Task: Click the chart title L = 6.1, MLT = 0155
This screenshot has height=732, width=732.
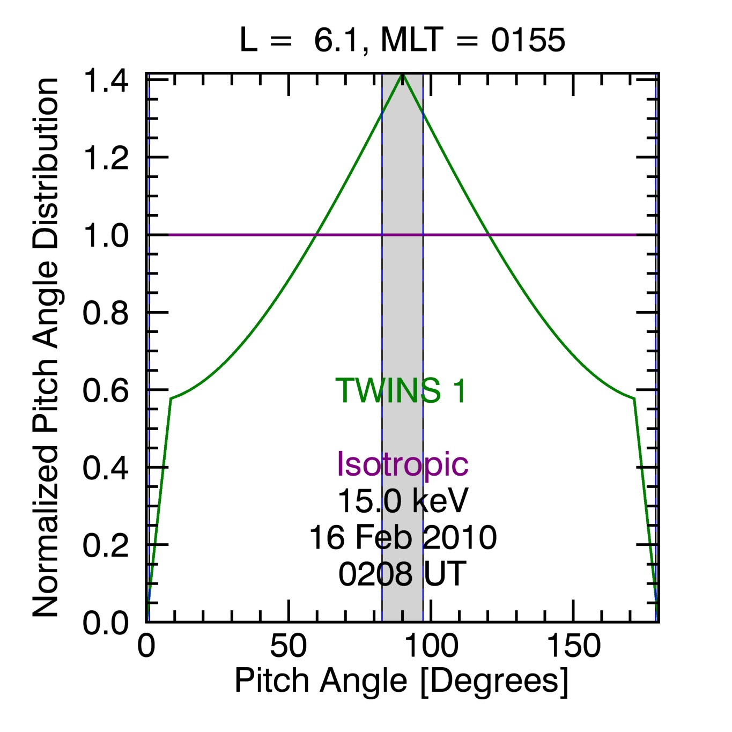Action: click(x=402, y=40)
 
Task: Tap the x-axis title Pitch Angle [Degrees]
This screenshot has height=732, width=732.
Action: click(x=401, y=681)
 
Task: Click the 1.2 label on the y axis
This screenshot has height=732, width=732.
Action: click(x=106, y=158)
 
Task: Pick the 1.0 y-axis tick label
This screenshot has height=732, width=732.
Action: click(x=106, y=236)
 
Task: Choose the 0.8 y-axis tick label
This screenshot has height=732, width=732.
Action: click(x=106, y=313)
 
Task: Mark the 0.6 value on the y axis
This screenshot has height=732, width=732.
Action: click(x=106, y=390)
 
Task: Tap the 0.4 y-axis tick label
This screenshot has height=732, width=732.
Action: click(x=106, y=468)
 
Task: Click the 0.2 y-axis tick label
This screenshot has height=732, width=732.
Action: click(x=106, y=545)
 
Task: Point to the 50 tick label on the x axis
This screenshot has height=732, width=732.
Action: click(x=289, y=646)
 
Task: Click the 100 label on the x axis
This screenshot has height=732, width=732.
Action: click(x=431, y=646)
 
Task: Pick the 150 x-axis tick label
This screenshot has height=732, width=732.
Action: click(x=573, y=646)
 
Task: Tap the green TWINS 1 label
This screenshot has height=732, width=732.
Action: click(x=401, y=390)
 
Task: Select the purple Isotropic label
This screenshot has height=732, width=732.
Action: click(x=402, y=464)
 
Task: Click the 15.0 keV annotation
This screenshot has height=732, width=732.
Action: click(x=403, y=501)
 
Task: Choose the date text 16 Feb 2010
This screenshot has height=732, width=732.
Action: click(x=403, y=538)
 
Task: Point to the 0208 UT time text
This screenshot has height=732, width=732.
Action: click(x=402, y=574)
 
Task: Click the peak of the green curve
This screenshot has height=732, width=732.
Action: click(x=403, y=75)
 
